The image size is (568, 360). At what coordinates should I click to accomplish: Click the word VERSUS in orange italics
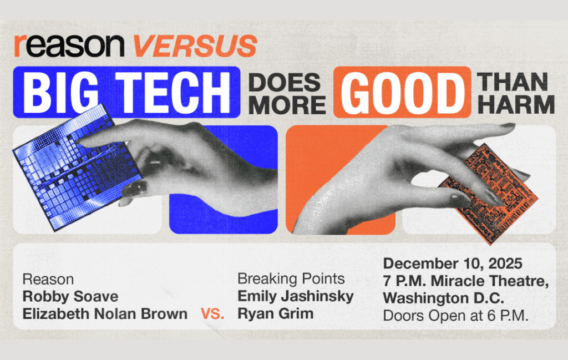coord(195,46)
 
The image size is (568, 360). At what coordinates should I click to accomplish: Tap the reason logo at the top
coord(69,46)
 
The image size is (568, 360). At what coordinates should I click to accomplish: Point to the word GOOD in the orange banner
coord(402,92)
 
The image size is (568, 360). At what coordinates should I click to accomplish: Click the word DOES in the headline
coord(285,82)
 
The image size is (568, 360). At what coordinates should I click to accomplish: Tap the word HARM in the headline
coord(516,105)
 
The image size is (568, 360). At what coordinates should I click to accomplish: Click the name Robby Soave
coord(70,296)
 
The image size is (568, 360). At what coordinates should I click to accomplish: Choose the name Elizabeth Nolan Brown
coord(105,313)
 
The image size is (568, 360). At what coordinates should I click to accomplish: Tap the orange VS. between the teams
coord(212,313)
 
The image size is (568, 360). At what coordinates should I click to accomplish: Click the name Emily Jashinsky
coord(296,296)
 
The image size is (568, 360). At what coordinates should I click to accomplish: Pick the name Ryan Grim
coord(275,313)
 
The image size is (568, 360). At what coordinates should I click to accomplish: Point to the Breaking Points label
coord(291,279)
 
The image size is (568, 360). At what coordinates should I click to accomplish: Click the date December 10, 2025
coord(453,263)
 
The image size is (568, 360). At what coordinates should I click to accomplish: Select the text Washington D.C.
coord(444,298)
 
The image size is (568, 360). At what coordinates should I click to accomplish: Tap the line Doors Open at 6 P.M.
coord(456,316)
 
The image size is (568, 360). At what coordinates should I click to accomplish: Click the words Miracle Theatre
coord(490,281)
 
